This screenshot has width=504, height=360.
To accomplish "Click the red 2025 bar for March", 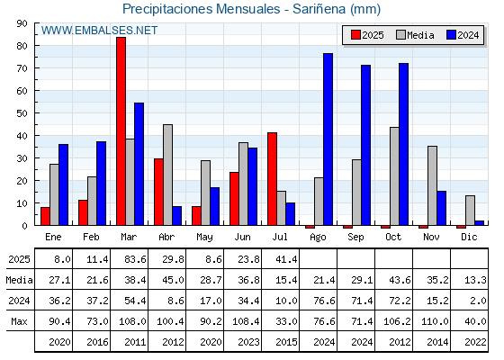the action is tap(121, 131).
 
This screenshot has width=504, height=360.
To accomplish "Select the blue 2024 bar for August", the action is tap(328, 139).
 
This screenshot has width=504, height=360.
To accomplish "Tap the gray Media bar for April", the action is tap(167, 175).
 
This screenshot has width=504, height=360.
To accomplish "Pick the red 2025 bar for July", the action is tap(272, 179).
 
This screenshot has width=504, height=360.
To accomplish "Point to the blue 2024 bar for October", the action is tap(404, 144).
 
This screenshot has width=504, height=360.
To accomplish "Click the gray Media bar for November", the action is tap(432, 185).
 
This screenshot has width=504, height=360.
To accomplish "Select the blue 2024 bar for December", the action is tap(479, 223).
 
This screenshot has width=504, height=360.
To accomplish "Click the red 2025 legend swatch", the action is tap(355, 35).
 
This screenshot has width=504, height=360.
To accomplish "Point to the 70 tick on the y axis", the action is tap(22, 68).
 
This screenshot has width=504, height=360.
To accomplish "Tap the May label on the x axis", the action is tap(204, 238).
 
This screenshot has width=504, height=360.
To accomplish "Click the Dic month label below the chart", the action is tap(469, 237).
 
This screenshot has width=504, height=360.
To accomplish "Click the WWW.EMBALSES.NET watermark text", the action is tap(99, 31).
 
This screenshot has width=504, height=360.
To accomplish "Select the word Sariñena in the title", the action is tap(319, 9).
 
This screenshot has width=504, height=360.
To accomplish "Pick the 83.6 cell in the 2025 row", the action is tap(135, 259).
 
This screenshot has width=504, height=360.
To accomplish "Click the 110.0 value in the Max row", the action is tap(435, 321).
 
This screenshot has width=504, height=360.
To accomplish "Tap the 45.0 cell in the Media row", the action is tap(173, 280).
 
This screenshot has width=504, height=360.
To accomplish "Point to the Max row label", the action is tap(19, 321).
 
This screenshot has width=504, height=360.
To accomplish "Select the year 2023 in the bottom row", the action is tap(248, 342).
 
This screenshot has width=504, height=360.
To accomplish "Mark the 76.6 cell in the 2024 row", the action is tap(324, 301).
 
